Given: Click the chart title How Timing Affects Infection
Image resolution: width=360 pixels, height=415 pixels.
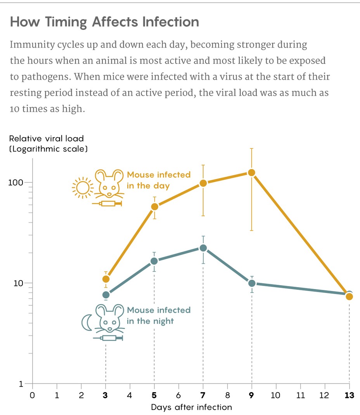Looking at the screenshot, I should [104, 22].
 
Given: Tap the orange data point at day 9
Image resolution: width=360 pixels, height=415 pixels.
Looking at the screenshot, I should [251, 172].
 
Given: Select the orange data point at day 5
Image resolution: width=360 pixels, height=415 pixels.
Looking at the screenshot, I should [154, 207].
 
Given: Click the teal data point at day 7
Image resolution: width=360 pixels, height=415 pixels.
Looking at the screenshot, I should [203, 248].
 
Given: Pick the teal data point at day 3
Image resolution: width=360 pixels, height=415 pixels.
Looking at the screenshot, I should [106, 295].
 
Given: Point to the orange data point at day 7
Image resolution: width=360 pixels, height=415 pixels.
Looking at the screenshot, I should [203, 183].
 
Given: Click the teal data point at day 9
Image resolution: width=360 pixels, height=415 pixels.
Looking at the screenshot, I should [252, 283].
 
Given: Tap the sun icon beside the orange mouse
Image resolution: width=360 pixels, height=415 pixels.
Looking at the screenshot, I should [82, 188].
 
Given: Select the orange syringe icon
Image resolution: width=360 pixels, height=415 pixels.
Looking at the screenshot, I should [107, 203].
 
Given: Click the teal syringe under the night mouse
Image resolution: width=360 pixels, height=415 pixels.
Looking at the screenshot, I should [108, 338].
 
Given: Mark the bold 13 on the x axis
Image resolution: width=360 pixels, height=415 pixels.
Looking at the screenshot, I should [349, 396].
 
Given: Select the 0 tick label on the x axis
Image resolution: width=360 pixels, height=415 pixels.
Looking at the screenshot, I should [33, 396].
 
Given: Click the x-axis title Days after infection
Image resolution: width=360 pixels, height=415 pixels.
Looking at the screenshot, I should [191, 407].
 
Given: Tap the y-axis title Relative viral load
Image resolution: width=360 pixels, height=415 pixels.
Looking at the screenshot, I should [46, 138].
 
